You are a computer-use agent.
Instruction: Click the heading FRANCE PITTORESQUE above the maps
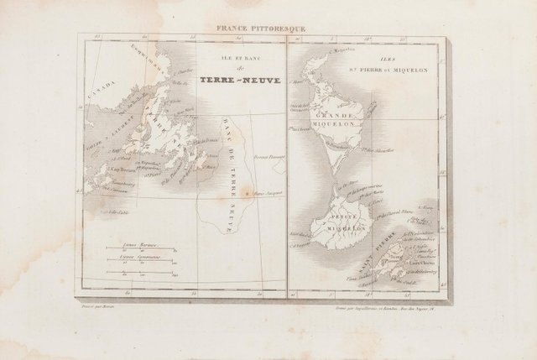click(x=260, y=29)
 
